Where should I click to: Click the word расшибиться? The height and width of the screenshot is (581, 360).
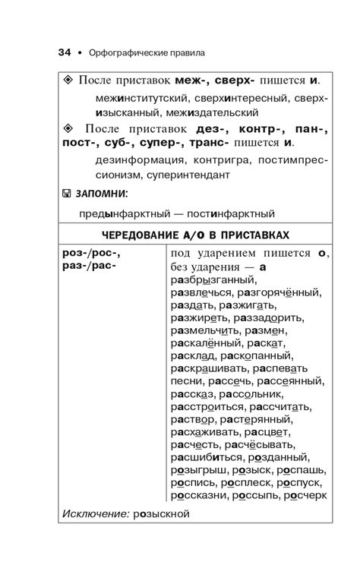(x=207, y=458)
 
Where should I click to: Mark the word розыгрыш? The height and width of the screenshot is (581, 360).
(x=202, y=471)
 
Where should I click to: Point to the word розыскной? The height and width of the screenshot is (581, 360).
(x=161, y=513)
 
